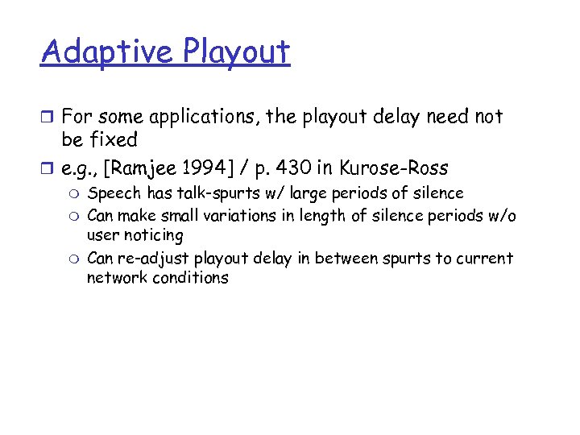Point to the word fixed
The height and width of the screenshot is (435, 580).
tap(114, 140)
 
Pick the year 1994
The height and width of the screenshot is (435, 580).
tap(210, 168)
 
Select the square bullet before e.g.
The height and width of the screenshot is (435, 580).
tap(48, 169)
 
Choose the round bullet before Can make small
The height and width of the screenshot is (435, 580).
tap(74, 217)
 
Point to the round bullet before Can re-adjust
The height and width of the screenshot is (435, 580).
tap(74, 259)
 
